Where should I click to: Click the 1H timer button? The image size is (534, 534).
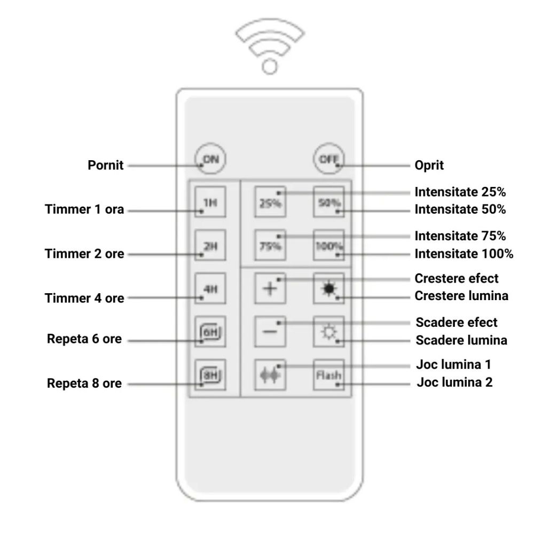coord(210,202)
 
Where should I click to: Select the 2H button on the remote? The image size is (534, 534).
coord(210,245)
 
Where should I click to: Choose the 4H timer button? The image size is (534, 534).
coord(210,289)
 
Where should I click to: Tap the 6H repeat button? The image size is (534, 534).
coord(210,332)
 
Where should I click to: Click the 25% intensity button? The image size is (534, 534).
coord(270,202)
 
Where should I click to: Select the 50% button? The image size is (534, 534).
coord(328,202)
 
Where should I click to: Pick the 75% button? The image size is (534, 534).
coord(270,246)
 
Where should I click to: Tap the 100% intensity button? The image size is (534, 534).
coord(328,246)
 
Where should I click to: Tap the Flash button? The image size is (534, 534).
coord(328,375)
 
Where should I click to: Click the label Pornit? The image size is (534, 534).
coord(106,166)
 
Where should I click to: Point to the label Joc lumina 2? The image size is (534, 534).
coord(454,382)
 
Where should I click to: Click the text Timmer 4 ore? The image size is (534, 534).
coord(84,298)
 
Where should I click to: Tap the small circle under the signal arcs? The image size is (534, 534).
coord(270,66)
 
